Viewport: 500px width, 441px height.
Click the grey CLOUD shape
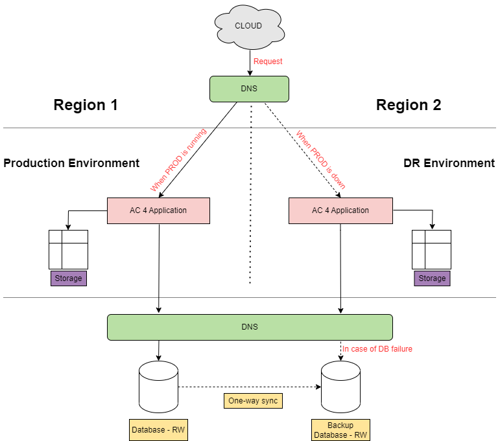click(249, 27)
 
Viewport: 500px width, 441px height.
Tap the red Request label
click(268, 62)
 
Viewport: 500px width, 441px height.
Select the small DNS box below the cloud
click(249, 89)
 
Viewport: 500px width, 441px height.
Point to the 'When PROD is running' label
click(178, 161)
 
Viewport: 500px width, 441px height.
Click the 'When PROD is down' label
click(320, 160)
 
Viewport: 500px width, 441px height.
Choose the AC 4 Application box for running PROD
click(158, 210)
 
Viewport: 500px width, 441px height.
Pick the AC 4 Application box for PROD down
click(340, 210)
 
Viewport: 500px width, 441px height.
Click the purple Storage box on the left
click(68, 278)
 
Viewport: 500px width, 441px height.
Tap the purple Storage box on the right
click(432, 278)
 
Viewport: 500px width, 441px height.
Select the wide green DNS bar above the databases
click(250, 327)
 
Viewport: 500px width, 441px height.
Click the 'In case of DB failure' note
click(377, 349)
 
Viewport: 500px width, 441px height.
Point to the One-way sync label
click(253, 401)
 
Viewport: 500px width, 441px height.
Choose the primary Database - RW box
click(158, 430)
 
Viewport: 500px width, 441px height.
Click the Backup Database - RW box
click(340, 430)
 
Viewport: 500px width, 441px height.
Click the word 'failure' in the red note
click(400, 349)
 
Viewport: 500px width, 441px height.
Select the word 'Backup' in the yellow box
click(340, 425)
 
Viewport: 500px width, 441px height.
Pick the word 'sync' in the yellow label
click(269, 401)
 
